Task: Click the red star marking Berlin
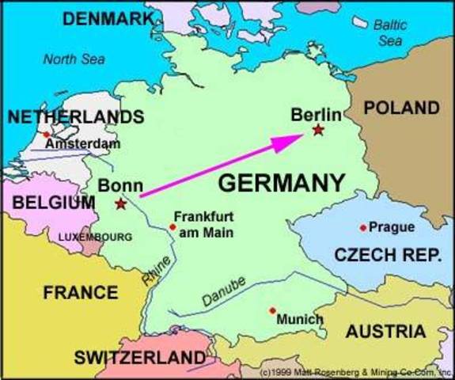pyautogui.click(x=318, y=130)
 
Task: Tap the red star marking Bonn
pyautogui.click(x=120, y=204)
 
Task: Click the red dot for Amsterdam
pyautogui.click(x=47, y=134)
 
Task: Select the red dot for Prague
pyautogui.click(x=363, y=228)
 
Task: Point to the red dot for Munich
pyautogui.click(x=272, y=310)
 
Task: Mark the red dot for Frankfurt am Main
pyautogui.click(x=173, y=227)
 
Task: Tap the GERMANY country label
pyautogui.click(x=281, y=183)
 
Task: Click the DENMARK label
pyautogui.click(x=108, y=18)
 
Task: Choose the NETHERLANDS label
pyautogui.click(x=76, y=117)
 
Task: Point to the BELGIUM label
pyautogui.click(x=54, y=203)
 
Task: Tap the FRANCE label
pyautogui.click(x=81, y=292)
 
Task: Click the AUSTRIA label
pyautogui.click(x=386, y=331)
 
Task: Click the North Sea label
pyautogui.click(x=74, y=59)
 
